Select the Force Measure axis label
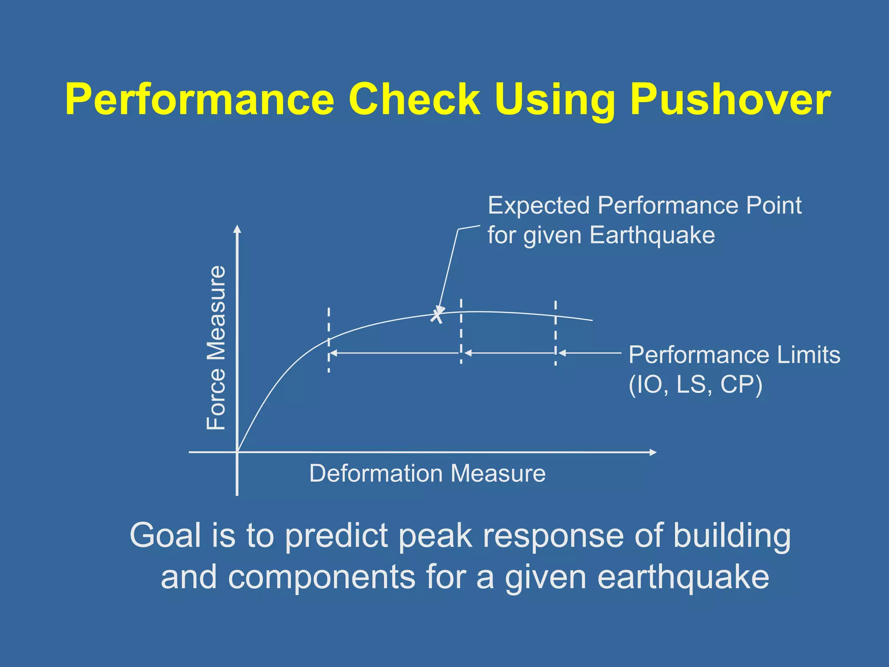tap(216, 347)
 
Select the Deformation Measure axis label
tap(427, 473)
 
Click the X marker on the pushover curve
tap(437, 315)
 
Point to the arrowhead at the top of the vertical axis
tap(237, 229)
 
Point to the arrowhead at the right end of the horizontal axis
tap(653, 452)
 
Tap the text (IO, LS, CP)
tap(695, 385)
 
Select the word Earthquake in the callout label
tap(652, 236)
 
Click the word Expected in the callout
tap(538, 205)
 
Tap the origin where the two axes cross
tap(237, 452)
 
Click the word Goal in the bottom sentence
tap(165, 535)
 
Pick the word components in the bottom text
tap(322, 578)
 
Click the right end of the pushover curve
tap(591, 320)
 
